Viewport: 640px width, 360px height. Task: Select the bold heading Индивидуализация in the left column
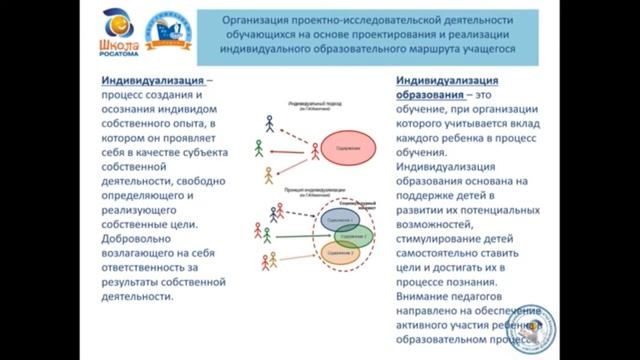(156, 78)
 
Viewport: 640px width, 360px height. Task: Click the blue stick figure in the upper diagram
(268, 123)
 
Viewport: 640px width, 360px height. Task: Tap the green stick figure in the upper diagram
(259, 148)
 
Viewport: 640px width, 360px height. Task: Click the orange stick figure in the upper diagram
(268, 176)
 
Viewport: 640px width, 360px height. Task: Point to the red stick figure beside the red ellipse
(316, 153)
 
